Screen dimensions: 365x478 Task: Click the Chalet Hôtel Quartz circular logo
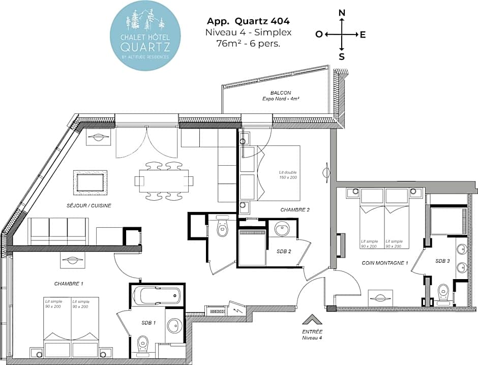click(145, 35)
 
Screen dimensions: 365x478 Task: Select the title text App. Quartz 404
click(248, 21)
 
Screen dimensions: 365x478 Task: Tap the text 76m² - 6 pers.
click(248, 43)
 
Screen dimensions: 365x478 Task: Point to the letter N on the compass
click(342, 13)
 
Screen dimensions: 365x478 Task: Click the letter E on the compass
click(363, 35)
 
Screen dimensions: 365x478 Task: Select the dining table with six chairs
click(164, 181)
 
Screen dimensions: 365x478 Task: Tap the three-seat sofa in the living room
click(58, 231)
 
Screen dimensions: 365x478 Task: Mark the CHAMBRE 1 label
click(69, 283)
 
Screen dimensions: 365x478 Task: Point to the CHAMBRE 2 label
click(295, 209)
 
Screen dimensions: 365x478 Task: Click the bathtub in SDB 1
click(156, 294)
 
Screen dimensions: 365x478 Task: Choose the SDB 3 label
click(442, 261)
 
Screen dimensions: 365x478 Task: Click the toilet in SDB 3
click(443, 292)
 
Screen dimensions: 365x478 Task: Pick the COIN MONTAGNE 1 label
click(385, 263)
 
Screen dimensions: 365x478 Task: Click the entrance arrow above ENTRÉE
click(312, 320)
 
